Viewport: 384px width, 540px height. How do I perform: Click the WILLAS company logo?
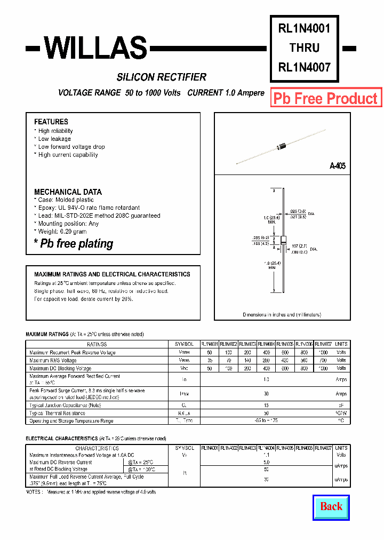95,49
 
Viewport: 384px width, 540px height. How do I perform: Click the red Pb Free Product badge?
325,98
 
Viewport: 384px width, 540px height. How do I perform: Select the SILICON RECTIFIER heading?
162,77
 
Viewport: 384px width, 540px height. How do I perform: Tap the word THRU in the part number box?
305,48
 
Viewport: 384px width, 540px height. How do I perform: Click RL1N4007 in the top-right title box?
305,67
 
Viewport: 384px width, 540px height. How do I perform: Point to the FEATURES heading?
51,122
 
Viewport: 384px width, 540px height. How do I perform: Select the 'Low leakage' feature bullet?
54,139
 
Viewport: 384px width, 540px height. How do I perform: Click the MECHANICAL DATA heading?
68,192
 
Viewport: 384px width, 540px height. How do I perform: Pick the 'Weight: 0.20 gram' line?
62,232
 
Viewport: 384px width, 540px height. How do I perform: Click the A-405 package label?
337,166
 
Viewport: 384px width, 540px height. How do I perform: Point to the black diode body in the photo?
281,146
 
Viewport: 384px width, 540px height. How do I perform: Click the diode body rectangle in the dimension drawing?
284,240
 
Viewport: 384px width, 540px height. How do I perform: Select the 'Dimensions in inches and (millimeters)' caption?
282,315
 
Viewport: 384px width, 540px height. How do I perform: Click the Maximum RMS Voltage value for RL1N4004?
266,360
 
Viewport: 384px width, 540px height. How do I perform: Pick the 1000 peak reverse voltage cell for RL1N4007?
323,352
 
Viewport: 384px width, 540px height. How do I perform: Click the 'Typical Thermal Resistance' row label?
58,413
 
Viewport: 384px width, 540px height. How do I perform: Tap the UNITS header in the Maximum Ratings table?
341,344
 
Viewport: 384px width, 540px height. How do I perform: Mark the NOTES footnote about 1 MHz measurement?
91,491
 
